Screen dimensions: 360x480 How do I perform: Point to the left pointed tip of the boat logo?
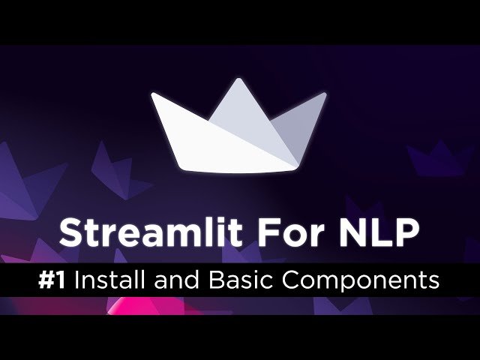153,95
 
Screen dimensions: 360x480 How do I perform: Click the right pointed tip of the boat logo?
325,95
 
